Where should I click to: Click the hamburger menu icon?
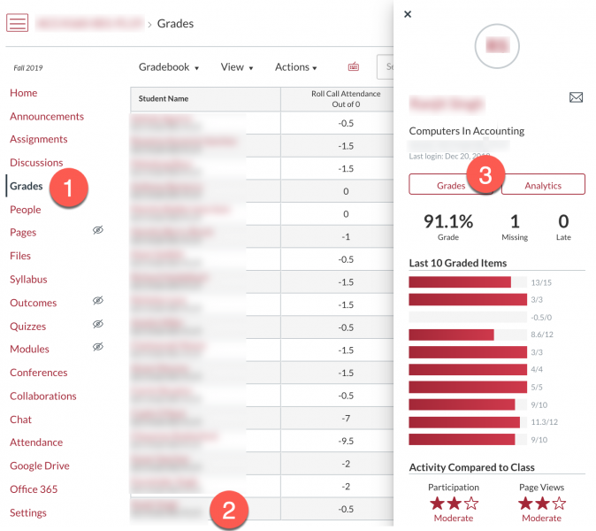pyautogui.click(x=18, y=23)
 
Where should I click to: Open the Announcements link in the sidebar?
pyautogui.click(x=47, y=116)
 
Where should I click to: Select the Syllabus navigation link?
pyautogui.click(x=28, y=279)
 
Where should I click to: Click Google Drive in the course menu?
pyautogui.click(x=40, y=466)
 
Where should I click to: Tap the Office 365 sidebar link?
pyautogui.click(x=34, y=489)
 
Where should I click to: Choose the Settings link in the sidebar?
pyautogui.click(x=28, y=512)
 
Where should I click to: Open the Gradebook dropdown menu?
pyautogui.click(x=169, y=67)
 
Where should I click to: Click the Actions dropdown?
pyautogui.click(x=295, y=67)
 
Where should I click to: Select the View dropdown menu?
pyautogui.click(x=236, y=67)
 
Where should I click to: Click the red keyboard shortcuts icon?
pyautogui.click(x=354, y=66)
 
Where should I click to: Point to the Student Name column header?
pyautogui.click(x=164, y=98)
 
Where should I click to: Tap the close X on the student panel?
pyautogui.click(x=407, y=14)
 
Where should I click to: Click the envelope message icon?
pyautogui.click(x=576, y=97)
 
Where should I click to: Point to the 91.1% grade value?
pyautogui.click(x=448, y=221)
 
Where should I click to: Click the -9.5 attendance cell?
pyautogui.click(x=346, y=442)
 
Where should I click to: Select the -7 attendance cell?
pyautogui.click(x=346, y=419)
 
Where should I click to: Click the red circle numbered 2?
pyautogui.click(x=229, y=510)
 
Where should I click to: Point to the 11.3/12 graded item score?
pyautogui.click(x=544, y=422)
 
